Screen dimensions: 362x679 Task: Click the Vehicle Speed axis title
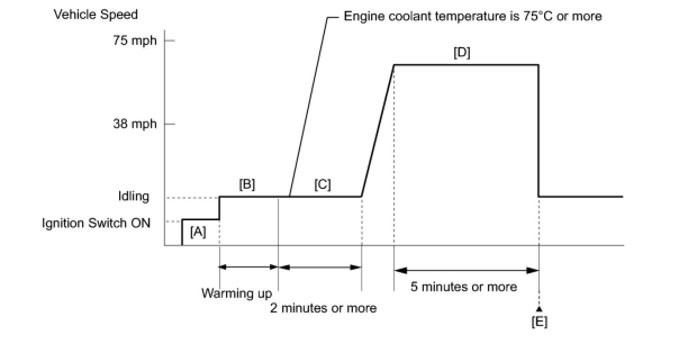click(96, 15)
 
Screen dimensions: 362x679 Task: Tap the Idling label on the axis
click(134, 196)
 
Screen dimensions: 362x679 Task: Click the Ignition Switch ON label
click(96, 223)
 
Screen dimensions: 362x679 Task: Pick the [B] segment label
click(247, 184)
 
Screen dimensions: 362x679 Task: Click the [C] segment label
click(323, 184)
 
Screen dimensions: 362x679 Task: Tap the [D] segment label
click(461, 53)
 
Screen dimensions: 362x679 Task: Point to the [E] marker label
click(539, 322)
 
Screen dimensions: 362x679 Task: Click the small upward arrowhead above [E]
click(539, 309)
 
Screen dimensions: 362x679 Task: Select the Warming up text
click(237, 293)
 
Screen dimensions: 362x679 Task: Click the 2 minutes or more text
click(323, 308)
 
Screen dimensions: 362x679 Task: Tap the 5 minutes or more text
click(464, 287)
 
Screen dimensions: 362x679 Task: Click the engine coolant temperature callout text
click(472, 16)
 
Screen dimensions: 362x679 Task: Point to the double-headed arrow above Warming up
click(248, 267)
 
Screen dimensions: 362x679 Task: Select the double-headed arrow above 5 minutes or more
click(466, 270)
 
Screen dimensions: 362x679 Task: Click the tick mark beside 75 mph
click(169, 41)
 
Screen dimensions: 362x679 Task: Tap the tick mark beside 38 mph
click(169, 124)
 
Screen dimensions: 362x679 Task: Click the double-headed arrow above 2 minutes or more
click(320, 267)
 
